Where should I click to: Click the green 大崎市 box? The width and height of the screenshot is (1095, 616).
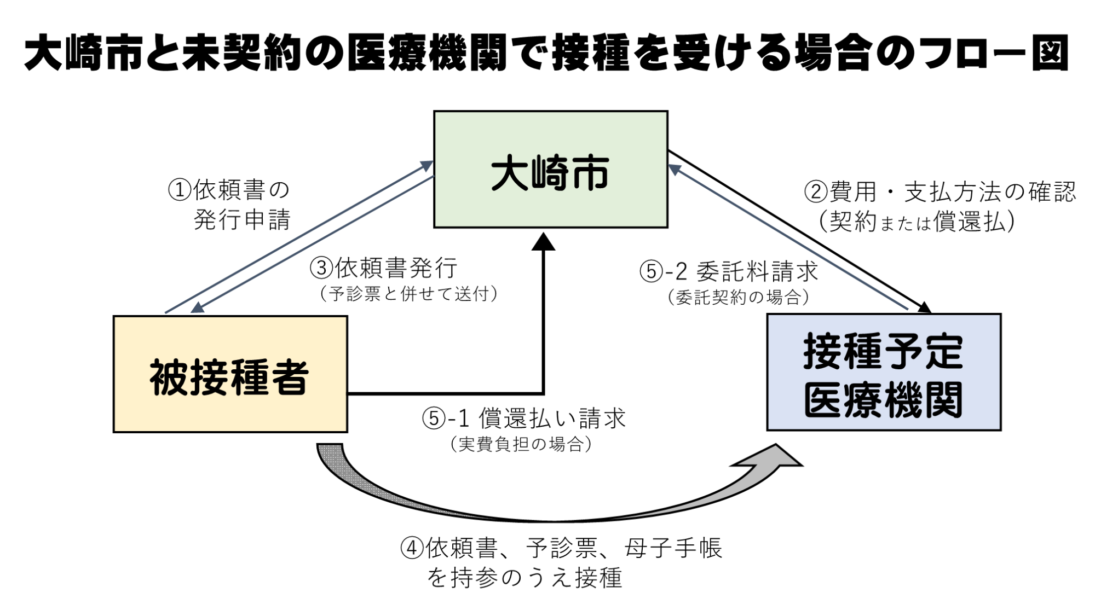click(550, 169)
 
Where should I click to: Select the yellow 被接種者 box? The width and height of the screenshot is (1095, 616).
click(230, 374)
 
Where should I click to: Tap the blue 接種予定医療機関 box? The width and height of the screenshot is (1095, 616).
click(883, 373)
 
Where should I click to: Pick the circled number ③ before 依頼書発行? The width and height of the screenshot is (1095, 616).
click(322, 269)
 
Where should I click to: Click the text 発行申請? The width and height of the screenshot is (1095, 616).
click(241, 220)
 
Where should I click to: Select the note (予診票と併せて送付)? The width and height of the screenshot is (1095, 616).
click(408, 294)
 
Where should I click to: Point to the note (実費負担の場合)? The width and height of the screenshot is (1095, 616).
click(521, 444)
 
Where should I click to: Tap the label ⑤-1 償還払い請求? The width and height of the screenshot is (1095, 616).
click(523, 419)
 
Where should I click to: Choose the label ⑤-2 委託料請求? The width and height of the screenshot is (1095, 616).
click(728, 271)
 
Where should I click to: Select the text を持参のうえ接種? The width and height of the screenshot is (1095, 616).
click(525, 578)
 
